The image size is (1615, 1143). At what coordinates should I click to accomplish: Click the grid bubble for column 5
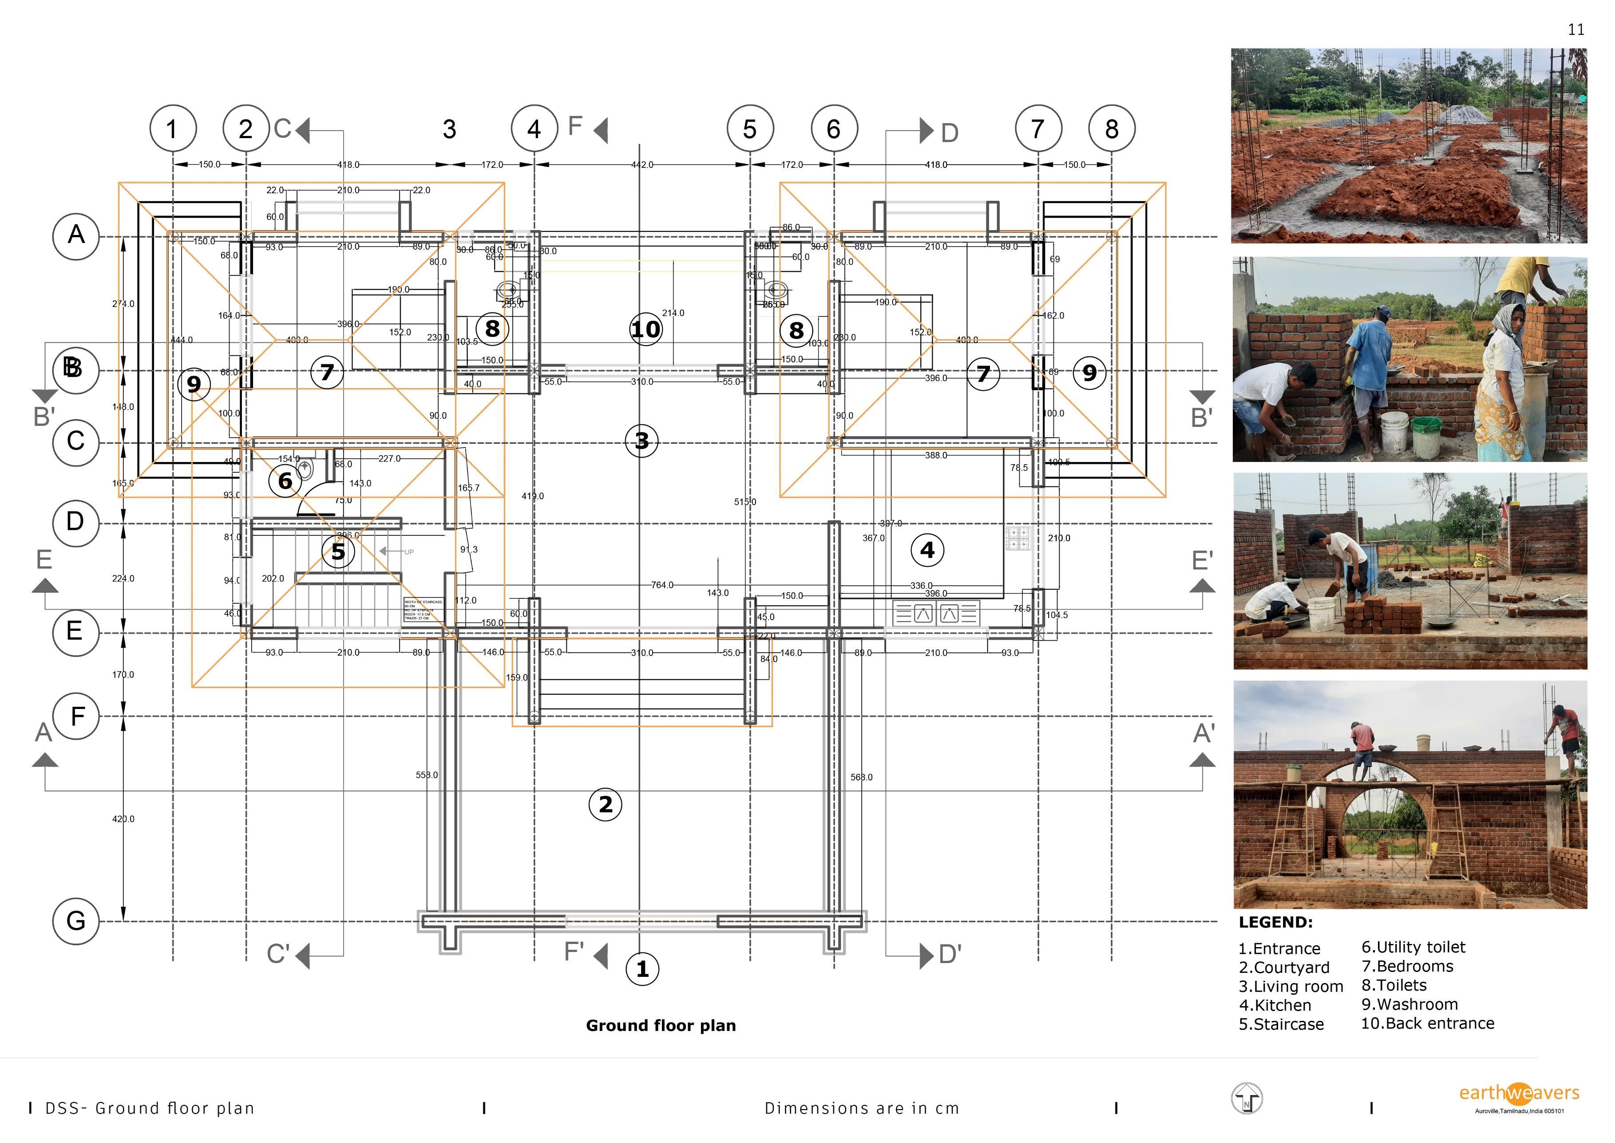(x=750, y=129)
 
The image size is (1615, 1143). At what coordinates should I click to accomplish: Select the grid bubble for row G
(x=75, y=920)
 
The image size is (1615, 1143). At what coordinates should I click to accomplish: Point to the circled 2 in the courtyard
(x=606, y=804)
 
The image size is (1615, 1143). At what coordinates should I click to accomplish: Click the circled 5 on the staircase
(x=338, y=552)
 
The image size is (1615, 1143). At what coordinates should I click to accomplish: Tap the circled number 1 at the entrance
(x=642, y=969)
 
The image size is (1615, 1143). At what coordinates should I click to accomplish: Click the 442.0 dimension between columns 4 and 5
(x=641, y=165)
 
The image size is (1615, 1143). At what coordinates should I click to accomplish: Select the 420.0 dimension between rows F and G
(x=123, y=819)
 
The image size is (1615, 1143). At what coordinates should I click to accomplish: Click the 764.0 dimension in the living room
(x=662, y=585)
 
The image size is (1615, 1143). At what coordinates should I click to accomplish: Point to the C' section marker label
(x=278, y=954)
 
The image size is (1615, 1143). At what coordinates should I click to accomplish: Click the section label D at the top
(x=950, y=133)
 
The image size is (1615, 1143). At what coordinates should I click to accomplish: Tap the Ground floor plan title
(x=661, y=1025)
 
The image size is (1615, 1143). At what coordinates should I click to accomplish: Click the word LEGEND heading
(x=1275, y=922)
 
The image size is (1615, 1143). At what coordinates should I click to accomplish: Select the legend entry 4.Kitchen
(x=1275, y=1005)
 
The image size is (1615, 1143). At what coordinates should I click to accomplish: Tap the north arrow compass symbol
(x=1247, y=1099)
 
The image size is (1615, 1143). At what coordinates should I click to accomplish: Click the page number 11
(x=1576, y=30)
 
